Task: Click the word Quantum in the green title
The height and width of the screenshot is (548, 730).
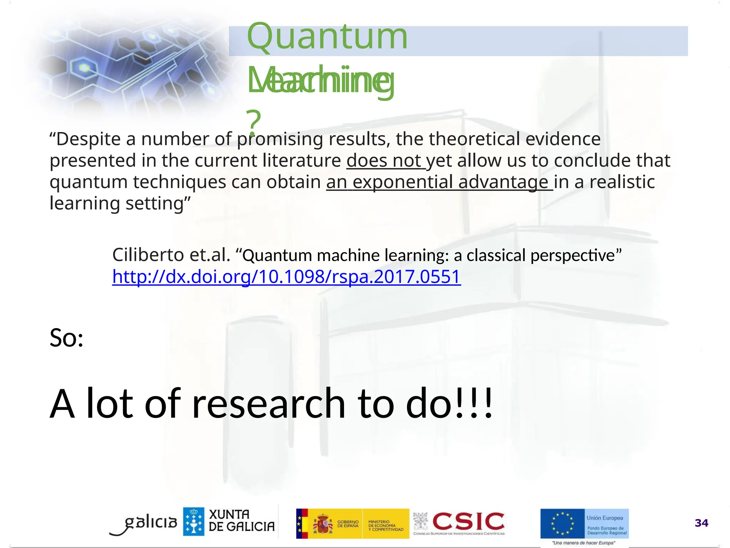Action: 327,37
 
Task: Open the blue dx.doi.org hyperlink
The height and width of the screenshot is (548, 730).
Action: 286,277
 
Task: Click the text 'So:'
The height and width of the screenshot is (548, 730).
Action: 66,338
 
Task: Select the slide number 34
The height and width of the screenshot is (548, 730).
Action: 701,523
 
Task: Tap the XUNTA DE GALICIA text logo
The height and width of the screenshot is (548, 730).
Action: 241,521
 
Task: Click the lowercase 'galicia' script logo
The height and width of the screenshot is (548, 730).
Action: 150,522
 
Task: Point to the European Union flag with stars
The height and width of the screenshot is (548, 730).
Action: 562,523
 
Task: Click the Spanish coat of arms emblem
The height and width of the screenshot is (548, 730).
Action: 323,523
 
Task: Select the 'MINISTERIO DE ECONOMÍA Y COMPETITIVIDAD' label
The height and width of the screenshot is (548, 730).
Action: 385,526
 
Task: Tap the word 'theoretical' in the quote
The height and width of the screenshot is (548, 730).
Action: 474,139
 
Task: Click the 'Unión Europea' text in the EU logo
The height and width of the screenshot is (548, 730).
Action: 605,518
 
